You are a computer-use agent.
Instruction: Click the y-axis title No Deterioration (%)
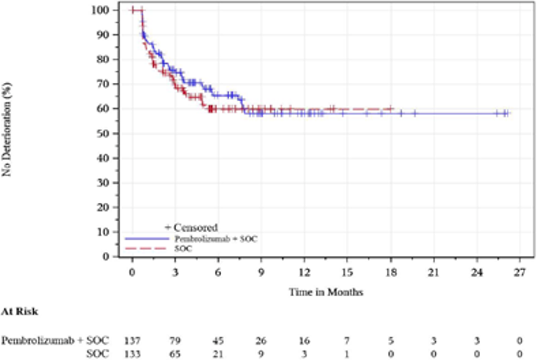[8, 133]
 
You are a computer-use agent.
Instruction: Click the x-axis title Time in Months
[325, 290]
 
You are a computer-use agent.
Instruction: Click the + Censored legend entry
[191, 228]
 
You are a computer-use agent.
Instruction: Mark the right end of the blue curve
[508, 113]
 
